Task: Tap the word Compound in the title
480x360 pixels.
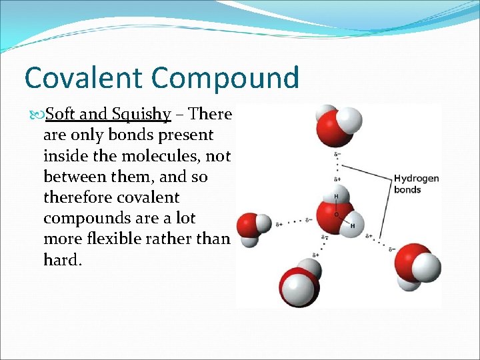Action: [225, 78]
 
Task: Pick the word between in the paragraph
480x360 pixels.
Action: [73, 177]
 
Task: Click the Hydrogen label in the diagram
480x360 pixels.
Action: [416, 178]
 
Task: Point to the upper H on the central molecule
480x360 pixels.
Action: [336, 197]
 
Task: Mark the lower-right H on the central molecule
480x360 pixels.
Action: [351, 226]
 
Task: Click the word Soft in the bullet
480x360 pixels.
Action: [61, 115]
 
